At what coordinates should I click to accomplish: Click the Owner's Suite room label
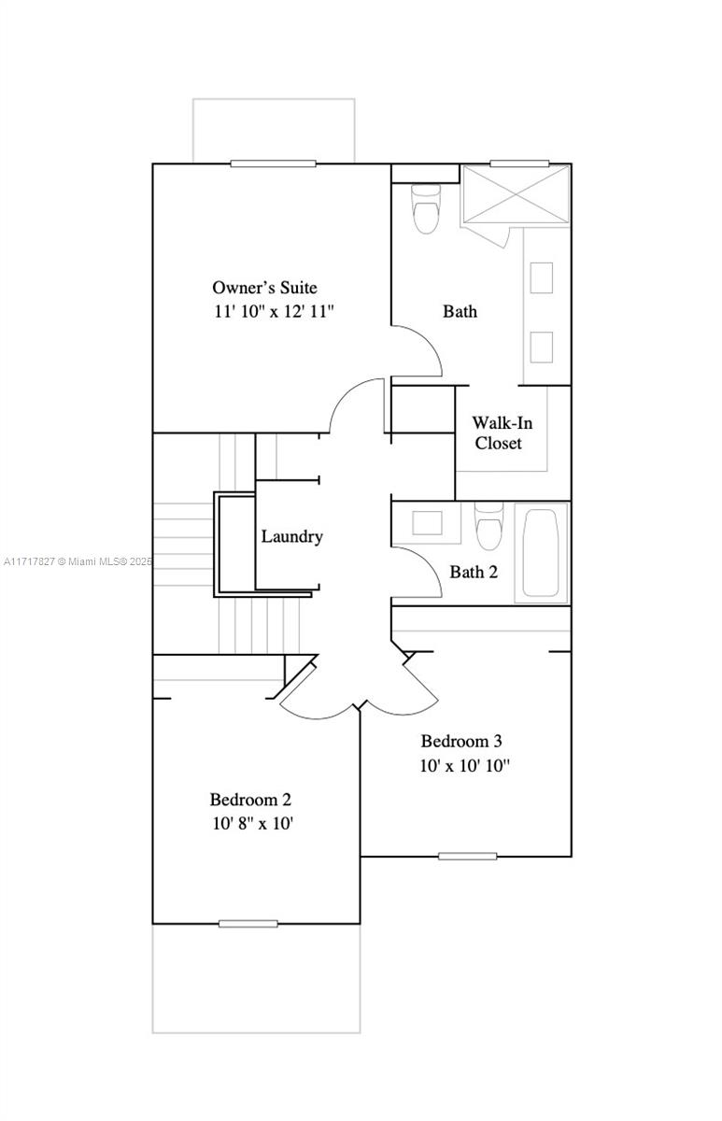pos(264,288)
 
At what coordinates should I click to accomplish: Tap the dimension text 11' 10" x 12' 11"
pos(274,311)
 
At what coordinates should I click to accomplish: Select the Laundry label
pos(291,537)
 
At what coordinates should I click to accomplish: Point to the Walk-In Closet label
pos(502,433)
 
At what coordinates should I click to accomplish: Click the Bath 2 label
pos(474,572)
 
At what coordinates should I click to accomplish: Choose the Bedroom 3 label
pos(460,741)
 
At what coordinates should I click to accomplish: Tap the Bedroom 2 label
pos(250,800)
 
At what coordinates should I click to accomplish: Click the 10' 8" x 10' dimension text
pos(253,823)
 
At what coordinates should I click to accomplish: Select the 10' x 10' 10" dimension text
pos(464,766)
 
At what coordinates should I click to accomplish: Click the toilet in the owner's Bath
pos(426,208)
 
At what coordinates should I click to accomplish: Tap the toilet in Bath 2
pos(489,525)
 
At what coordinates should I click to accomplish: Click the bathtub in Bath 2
pos(541,553)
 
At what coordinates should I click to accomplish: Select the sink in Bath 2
pos(427,522)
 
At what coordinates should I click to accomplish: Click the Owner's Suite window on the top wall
pos(273,163)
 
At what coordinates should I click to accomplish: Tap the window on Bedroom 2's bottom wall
pos(248,924)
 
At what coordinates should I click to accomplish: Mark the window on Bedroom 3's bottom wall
pos(467,857)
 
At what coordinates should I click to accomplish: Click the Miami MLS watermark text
pos(78,561)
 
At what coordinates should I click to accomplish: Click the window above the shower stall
pos(519,163)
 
